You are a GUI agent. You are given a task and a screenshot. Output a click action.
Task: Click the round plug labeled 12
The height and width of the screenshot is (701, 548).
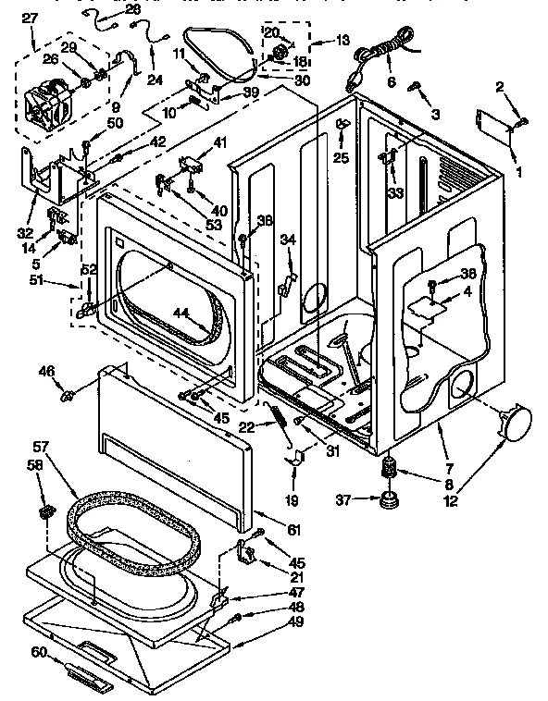(516, 422)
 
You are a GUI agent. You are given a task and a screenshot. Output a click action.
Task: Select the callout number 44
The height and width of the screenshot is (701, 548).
(183, 314)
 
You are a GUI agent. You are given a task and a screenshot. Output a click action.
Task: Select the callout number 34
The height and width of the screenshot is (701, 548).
(287, 240)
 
